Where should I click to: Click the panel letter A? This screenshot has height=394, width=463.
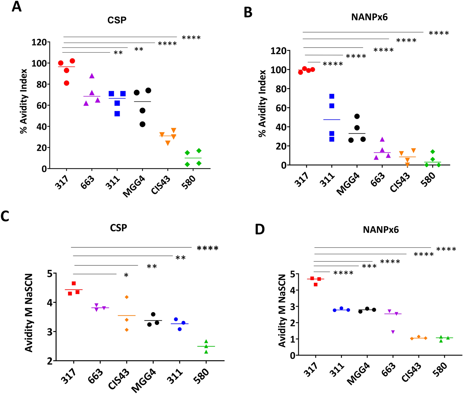click(x=16, y=7)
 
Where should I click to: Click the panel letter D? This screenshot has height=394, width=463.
click(x=260, y=229)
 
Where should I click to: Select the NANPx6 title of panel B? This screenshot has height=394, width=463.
click(x=369, y=17)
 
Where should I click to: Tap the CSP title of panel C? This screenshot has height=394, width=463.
click(x=118, y=228)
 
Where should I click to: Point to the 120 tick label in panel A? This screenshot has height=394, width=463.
click(x=39, y=42)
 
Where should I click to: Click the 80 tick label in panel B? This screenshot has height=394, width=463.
click(x=281, y=89)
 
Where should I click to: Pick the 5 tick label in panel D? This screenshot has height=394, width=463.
click(x=293, y=274)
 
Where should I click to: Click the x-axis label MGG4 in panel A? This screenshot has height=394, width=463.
click(x=134, y=187)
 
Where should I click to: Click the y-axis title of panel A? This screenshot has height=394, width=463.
click(x=24, y=101)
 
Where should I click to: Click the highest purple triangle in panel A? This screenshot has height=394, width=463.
click(x=92, y=76)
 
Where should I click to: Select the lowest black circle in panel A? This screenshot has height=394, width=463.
click(x=142, y=124)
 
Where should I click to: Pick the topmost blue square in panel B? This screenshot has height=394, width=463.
click(x=332, y=96)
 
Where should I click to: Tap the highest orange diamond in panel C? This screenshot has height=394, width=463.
click(x=127, y=297)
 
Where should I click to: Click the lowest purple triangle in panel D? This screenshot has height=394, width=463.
click(x=393, y=332)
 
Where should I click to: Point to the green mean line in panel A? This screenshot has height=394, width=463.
click(x=193, y=158)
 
